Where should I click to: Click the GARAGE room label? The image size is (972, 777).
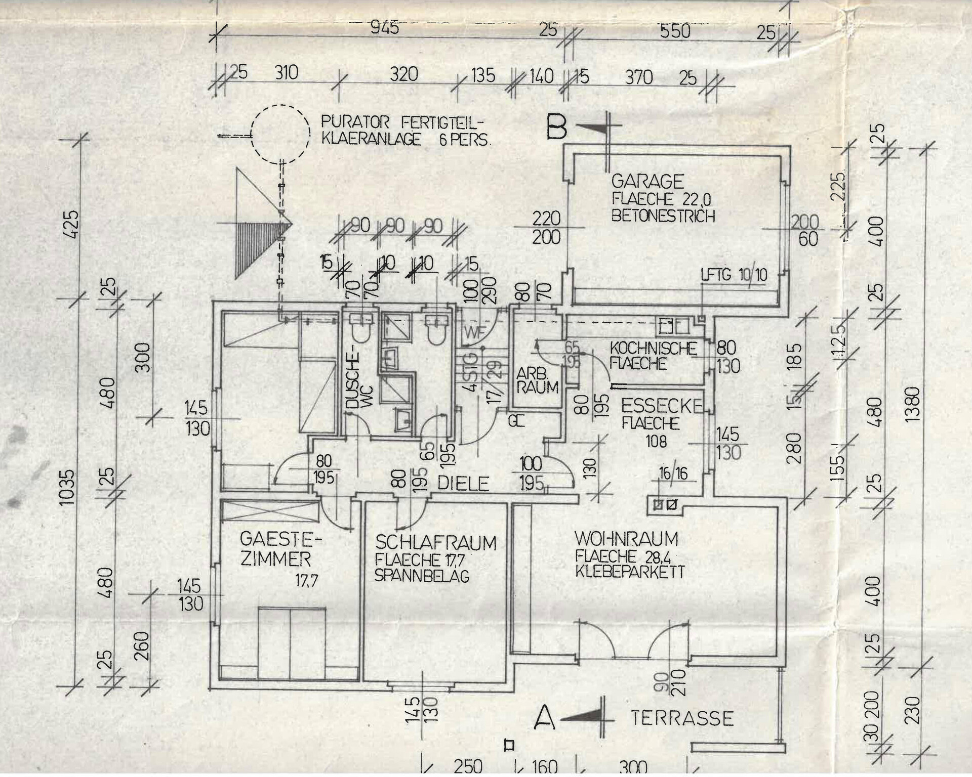[x=647, y=182]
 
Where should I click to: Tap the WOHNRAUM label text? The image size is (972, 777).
[x=626, y=539]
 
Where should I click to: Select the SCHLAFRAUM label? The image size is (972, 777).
[x=435, y=543]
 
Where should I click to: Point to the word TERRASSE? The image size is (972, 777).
[x=682, y=718]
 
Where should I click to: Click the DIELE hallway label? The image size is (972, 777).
[x=463, y=484]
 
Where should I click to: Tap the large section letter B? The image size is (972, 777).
[x=556, y=128]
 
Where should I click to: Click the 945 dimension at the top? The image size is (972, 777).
[x=385, y=27]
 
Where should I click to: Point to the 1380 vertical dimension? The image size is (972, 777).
[x=912, y=405]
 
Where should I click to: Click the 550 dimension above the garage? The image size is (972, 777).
[x=675, y=31]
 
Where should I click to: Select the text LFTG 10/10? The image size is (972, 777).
[x=734, y=275]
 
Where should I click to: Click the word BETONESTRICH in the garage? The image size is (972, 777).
[x=663, y=217]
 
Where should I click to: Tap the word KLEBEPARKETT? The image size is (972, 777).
[x=630, y=573]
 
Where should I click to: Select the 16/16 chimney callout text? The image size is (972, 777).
[x=673, y=473]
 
